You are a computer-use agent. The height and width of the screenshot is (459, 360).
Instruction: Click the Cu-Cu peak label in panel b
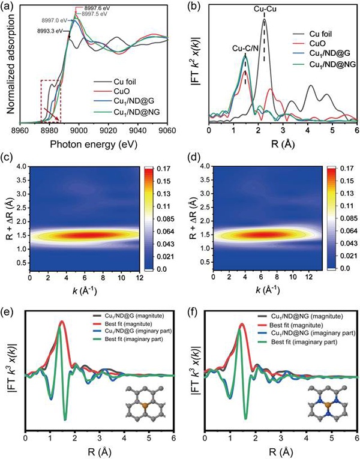265,10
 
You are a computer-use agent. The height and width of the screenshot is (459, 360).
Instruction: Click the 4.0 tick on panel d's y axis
201,166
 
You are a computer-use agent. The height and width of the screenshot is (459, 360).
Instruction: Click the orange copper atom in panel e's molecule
143,406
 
